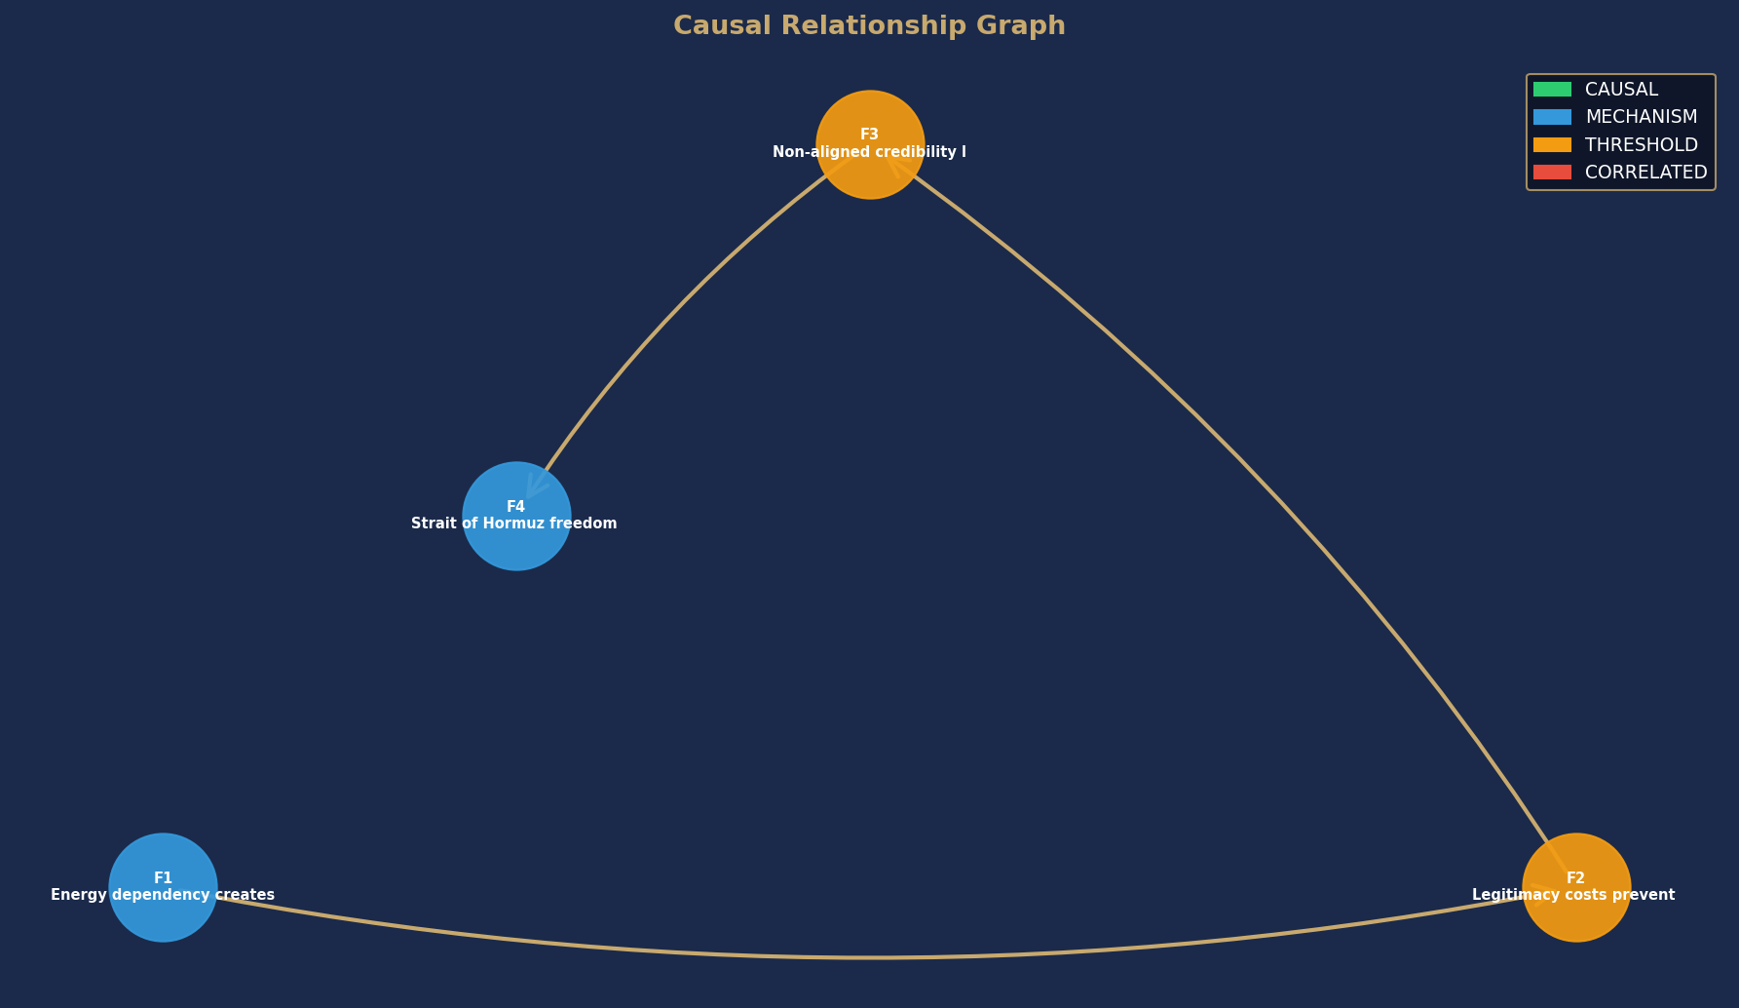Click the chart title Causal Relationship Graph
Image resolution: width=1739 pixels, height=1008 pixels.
pyautogui.click(x=869, y=26)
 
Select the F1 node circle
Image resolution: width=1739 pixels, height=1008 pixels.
pyautogui.click(x=163, y=887)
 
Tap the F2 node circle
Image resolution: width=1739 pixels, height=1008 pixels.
pyautogui.click(x=1576, y=887)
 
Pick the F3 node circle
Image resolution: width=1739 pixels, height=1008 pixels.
pyautogui.click(x=870, y=144)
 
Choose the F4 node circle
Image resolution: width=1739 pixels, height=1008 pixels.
pyautogui.click(x=516, y=516)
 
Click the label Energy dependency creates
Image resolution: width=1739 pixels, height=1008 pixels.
pyautogui.click(x=163, y=895)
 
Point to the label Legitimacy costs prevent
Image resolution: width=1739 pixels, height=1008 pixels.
pyautogui.click(x=1573, y=895)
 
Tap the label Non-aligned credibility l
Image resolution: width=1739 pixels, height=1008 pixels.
pyautogui.click(x=870, y=152)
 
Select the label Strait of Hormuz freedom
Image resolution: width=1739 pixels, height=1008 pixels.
pyautogui.click(x=514, y=523)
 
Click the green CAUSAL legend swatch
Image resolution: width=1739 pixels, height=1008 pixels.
pyautogui.click(x=1552, y=90)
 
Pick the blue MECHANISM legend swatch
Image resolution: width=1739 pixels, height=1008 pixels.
pyautogui.click(x=1552, y=117)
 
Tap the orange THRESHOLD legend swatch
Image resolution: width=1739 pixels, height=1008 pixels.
pyautogui.click(x=1552, y=144)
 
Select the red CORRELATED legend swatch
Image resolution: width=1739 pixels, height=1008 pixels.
pyautogui.click(x=1552, y=173)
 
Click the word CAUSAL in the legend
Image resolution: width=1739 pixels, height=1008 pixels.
pyautogui.click(x=1621, y=90)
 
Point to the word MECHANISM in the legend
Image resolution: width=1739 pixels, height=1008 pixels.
pyautogui.click(x=1642, y=117)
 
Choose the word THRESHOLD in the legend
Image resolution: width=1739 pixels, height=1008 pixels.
pyautogui.click(x=1642, y=145)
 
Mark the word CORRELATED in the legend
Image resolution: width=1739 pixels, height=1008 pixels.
pyautogui.click(x=1646, y=173)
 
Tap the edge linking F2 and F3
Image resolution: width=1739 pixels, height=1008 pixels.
pyautogui.click(x=1257, y=467)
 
